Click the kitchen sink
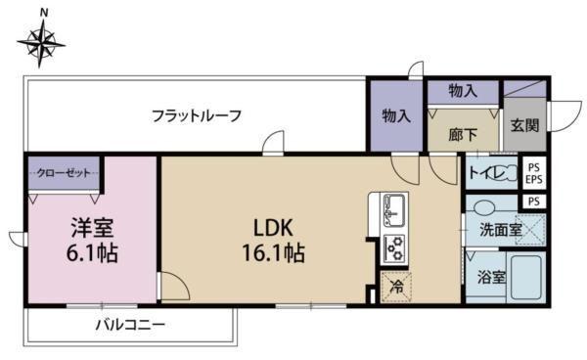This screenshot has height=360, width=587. coord(395,207)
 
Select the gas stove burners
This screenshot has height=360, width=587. coord(396,246)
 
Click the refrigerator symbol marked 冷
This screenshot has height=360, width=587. coord(396,287)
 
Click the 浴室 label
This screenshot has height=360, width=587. coord(491,278)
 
